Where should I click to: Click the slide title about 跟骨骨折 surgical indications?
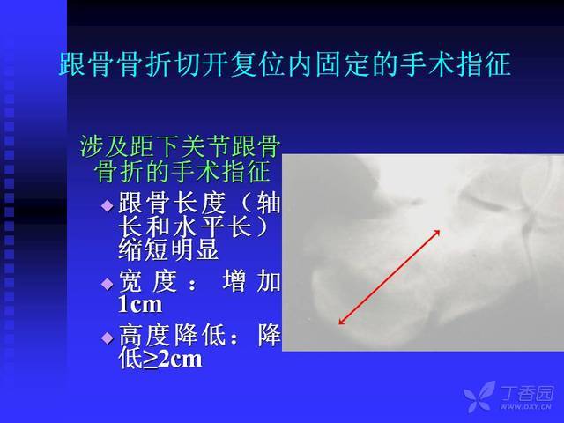[x=285, y=64]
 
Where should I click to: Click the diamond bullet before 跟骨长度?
[x=108, y=205]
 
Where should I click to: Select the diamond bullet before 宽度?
[x=108, y=284]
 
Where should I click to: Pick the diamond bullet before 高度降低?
[x=108, y=338]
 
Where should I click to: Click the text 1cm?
[x=140, y=305]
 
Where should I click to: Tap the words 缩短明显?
[x=168, y=249]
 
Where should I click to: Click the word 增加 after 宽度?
[x=251, y=281]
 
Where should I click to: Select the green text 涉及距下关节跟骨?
[x=180, y=146]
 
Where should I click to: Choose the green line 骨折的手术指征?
[x=182, y=172]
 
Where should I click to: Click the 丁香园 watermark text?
[x=527, y=393]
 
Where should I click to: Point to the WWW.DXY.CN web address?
[x=525, y=407]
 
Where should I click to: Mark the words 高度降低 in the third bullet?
[x=170, y=335]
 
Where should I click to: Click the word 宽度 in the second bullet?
[x=148, y=281]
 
